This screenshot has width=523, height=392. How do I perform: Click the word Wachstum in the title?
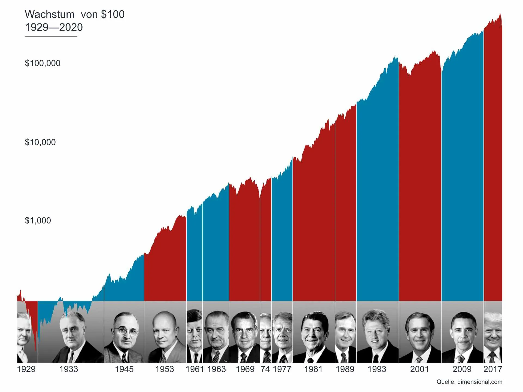point(50,14)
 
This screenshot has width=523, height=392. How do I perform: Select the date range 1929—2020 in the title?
point(54,27)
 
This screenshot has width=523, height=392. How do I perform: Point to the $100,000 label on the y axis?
point(42,63)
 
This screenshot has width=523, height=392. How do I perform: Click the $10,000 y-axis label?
point(40,142)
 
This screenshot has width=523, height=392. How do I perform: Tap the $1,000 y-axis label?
point(38,220)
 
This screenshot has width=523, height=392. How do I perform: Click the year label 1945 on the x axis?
point(124,369)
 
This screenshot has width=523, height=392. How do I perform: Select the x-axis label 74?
point(265,369)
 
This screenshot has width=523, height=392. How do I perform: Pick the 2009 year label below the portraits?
point(462,369)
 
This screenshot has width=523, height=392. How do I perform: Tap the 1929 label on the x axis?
point(26,369)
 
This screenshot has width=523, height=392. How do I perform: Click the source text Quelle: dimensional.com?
point(469,382)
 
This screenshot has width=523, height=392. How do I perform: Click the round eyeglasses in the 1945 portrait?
point(125,331)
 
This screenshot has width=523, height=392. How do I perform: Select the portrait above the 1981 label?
point(314,332)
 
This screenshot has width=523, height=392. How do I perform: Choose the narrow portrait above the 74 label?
point(266,332)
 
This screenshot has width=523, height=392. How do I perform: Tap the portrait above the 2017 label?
point(493,332)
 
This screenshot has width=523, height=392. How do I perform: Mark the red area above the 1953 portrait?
point(165,267)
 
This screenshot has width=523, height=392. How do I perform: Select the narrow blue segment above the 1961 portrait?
point(194,256)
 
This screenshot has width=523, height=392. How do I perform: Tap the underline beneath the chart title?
point(51,36)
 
